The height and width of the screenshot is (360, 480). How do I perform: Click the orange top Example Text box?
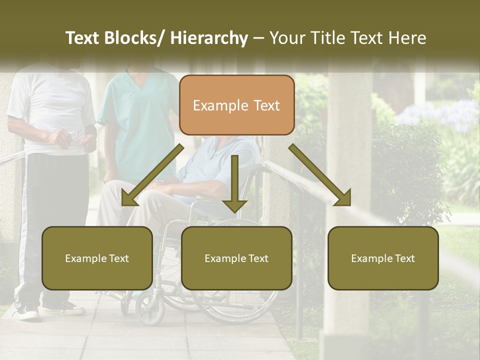(236, 105)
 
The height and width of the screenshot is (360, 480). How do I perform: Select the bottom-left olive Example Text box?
(97, 258)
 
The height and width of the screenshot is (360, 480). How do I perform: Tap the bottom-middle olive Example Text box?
(236, 258)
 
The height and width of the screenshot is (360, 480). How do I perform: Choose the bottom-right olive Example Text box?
(383, 258)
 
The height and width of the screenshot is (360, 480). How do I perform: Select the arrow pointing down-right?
(320, 175)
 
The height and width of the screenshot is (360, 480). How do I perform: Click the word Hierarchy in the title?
(209, 38)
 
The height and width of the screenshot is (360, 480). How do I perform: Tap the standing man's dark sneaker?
(27, 312)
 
